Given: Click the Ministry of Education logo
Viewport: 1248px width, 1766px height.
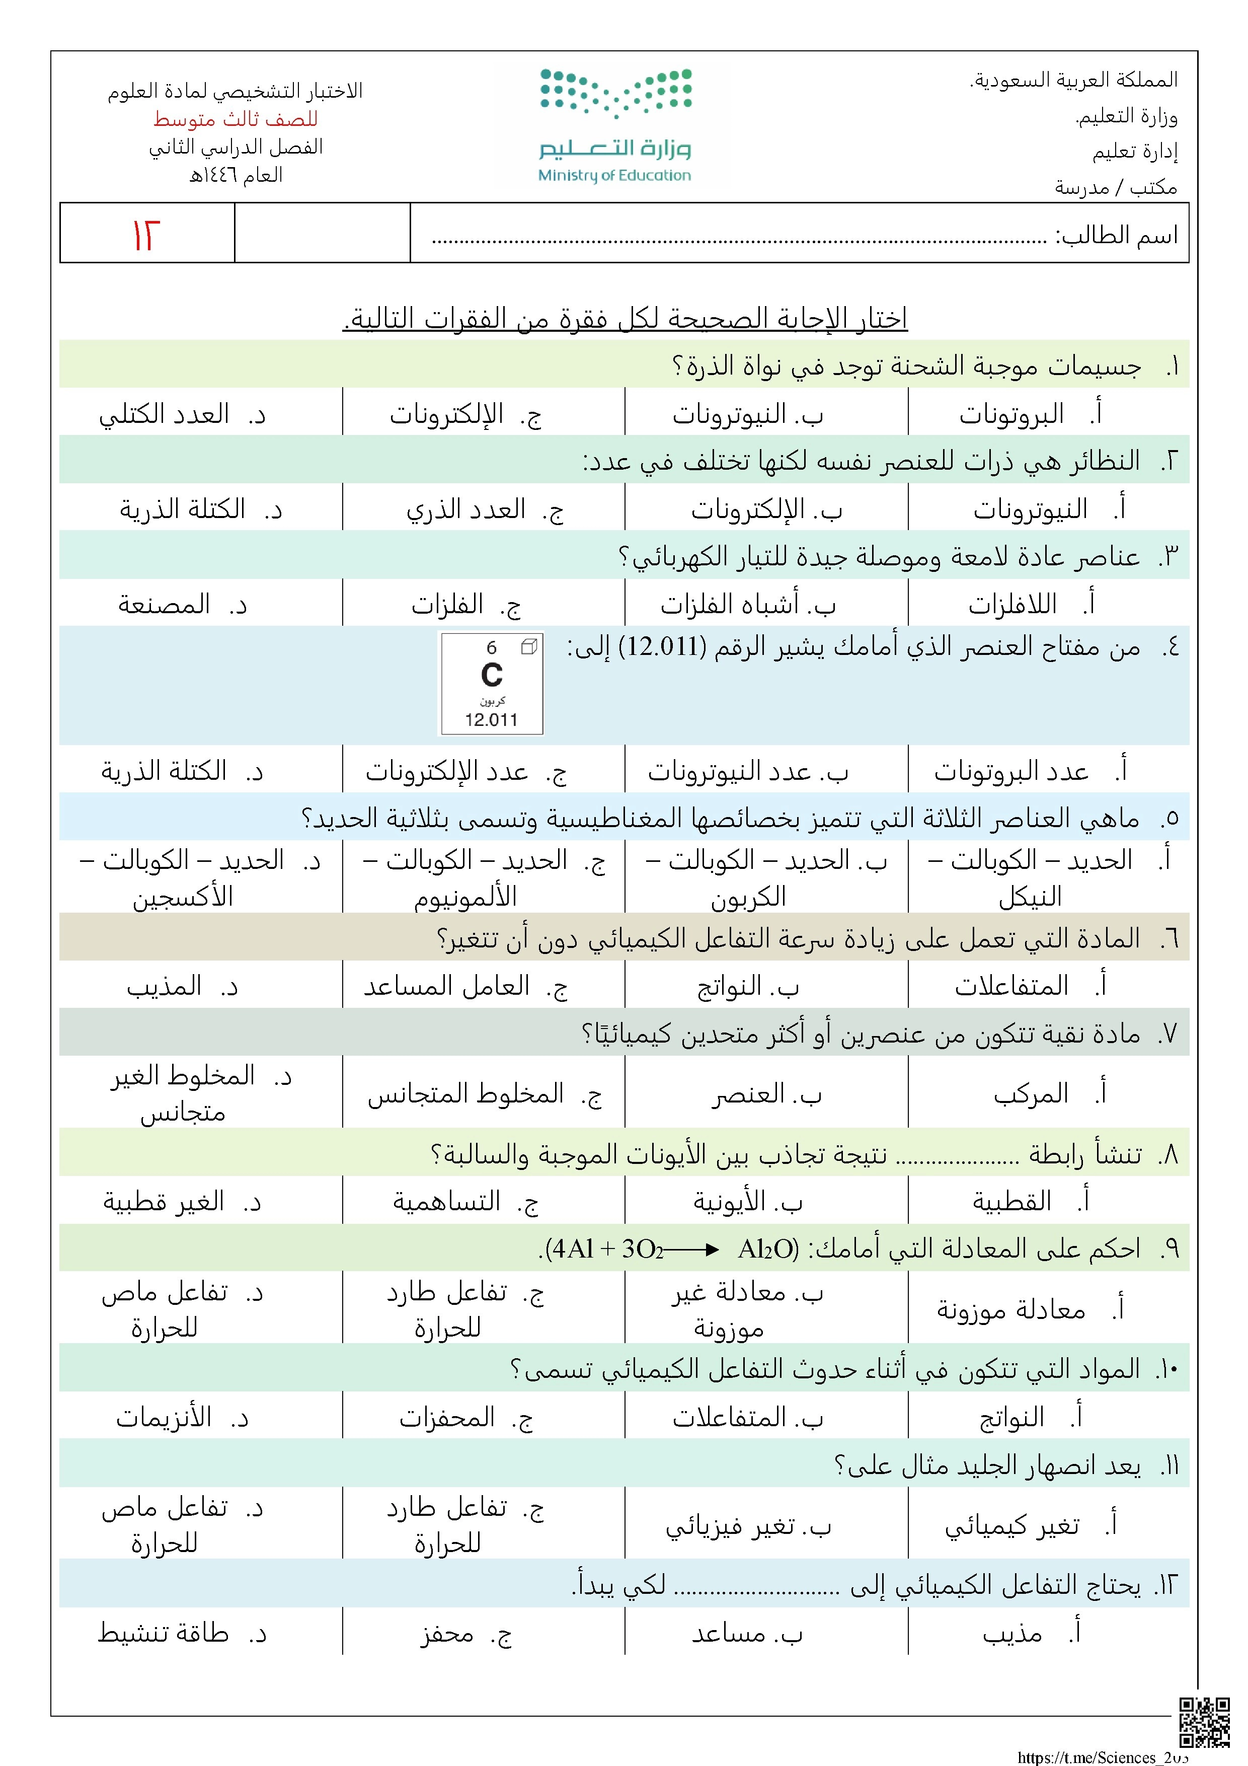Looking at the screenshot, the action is click(614, 125).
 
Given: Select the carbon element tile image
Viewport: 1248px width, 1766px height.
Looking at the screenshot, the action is click(491, 683).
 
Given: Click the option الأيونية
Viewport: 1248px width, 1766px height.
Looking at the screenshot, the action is click(730, 1201).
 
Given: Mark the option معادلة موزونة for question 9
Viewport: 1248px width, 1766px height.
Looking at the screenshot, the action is click(1010, 1308).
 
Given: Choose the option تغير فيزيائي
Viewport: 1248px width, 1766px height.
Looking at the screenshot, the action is click(730, 1525).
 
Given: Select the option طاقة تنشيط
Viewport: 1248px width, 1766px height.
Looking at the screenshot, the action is click(164, 1632).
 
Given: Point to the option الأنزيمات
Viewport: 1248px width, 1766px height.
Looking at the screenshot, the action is click(164, 1417).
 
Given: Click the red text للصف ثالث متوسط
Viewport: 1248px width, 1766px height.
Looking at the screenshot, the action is click(236, 119).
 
